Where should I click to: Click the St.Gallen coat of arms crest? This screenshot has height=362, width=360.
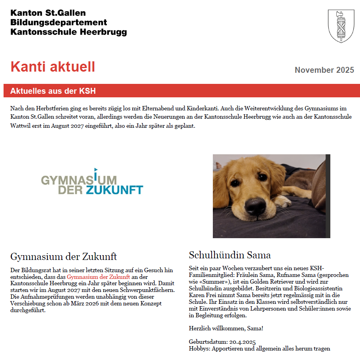341,26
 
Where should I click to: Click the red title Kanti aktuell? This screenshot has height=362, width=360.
53,67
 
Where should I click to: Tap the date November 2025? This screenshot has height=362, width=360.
324,70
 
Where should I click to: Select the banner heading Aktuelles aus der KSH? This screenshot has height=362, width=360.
53,91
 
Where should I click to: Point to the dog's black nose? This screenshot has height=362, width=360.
255,205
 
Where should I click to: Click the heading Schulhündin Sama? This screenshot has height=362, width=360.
229,255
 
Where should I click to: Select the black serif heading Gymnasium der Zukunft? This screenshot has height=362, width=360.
63,256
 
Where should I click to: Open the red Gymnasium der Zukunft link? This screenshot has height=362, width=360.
98,277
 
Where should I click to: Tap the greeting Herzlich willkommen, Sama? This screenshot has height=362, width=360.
226,328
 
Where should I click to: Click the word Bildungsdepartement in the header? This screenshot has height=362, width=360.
59,23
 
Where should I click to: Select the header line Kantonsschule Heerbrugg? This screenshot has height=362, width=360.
68,32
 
